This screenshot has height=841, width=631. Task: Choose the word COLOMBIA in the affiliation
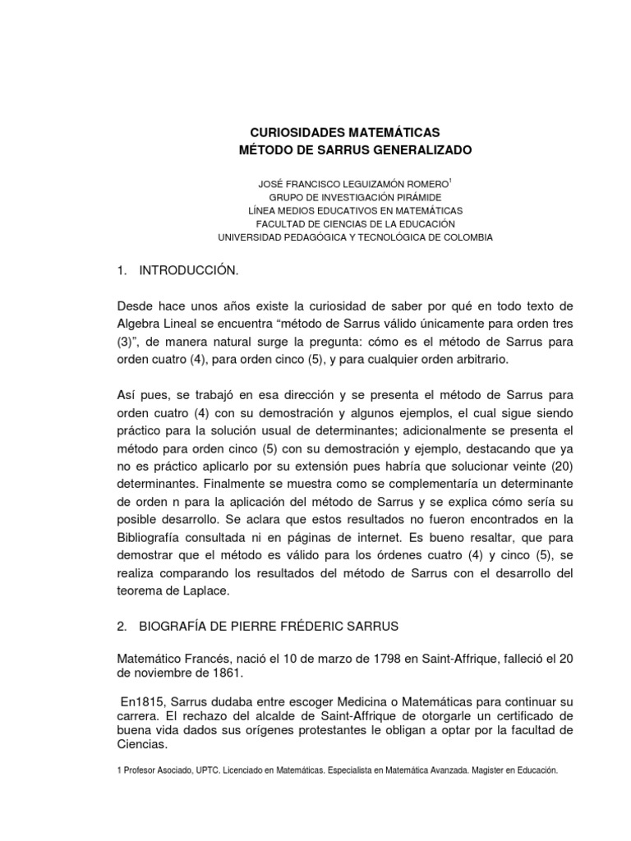464,237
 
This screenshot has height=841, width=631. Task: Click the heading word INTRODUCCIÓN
191,270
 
